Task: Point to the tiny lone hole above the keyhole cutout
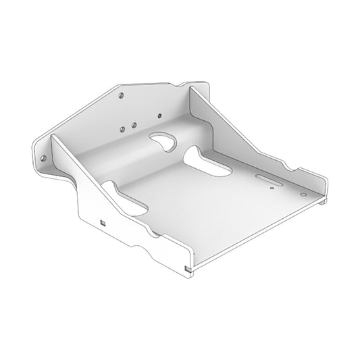coord(159,116)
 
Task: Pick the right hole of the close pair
coord(134,126)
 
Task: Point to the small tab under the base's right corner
coord(326,200)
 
